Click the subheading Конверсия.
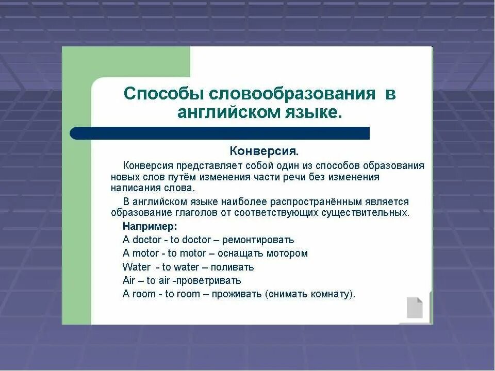264,151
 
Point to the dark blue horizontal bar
220,133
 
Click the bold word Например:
150,226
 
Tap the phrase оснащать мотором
262,254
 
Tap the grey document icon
415,308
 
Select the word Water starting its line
136,267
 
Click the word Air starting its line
129,281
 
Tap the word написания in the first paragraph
131,188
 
